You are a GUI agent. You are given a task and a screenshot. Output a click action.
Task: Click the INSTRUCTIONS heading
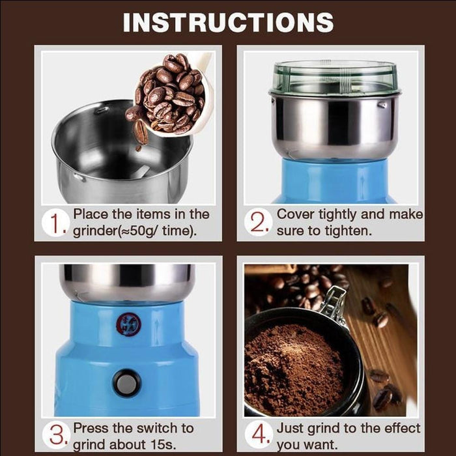coord(228,22)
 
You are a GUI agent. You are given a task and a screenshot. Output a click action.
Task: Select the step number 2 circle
coord(259,223)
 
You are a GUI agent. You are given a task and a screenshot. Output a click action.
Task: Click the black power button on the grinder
coord(126,382)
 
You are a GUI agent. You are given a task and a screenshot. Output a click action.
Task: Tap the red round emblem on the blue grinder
coord(128,323)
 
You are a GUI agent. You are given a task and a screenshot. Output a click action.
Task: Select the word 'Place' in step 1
coord(89,214)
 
